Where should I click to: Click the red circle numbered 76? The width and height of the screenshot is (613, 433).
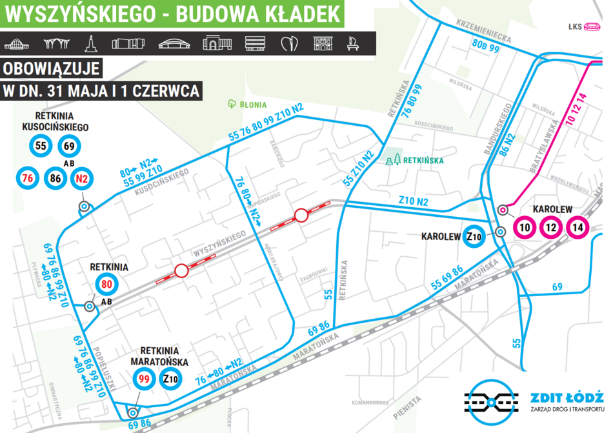tap(27, 177)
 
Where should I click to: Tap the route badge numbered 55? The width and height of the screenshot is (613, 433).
tap(41, 146)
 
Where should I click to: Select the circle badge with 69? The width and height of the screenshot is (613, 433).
tap(69, 146)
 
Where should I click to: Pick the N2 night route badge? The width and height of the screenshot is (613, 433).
tap(82, 177)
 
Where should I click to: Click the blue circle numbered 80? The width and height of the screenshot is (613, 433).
tap(107, 285)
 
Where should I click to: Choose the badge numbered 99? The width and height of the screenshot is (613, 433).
tap(144, 378)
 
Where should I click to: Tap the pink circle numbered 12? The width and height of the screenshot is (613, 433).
tap(550, 227)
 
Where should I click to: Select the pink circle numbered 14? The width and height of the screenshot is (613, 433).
tap(578, 227)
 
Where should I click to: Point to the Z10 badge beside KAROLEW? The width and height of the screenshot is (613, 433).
tap(474, 236)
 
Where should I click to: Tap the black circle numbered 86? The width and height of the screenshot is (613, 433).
tap(55, 177)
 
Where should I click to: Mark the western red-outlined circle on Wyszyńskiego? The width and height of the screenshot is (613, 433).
tap(182, 270)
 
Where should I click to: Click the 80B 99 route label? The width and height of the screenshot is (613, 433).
tap(487, 45)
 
